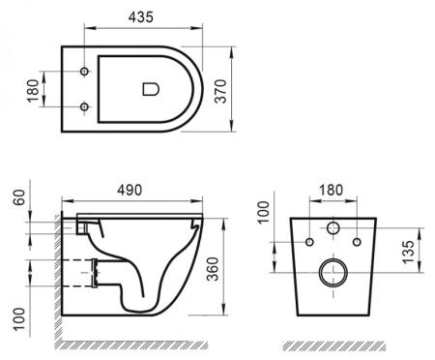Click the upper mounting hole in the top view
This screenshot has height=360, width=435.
pos(85,72)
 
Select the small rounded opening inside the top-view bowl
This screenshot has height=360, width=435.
pos(150,89)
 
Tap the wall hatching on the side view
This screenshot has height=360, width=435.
pos(57,281)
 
